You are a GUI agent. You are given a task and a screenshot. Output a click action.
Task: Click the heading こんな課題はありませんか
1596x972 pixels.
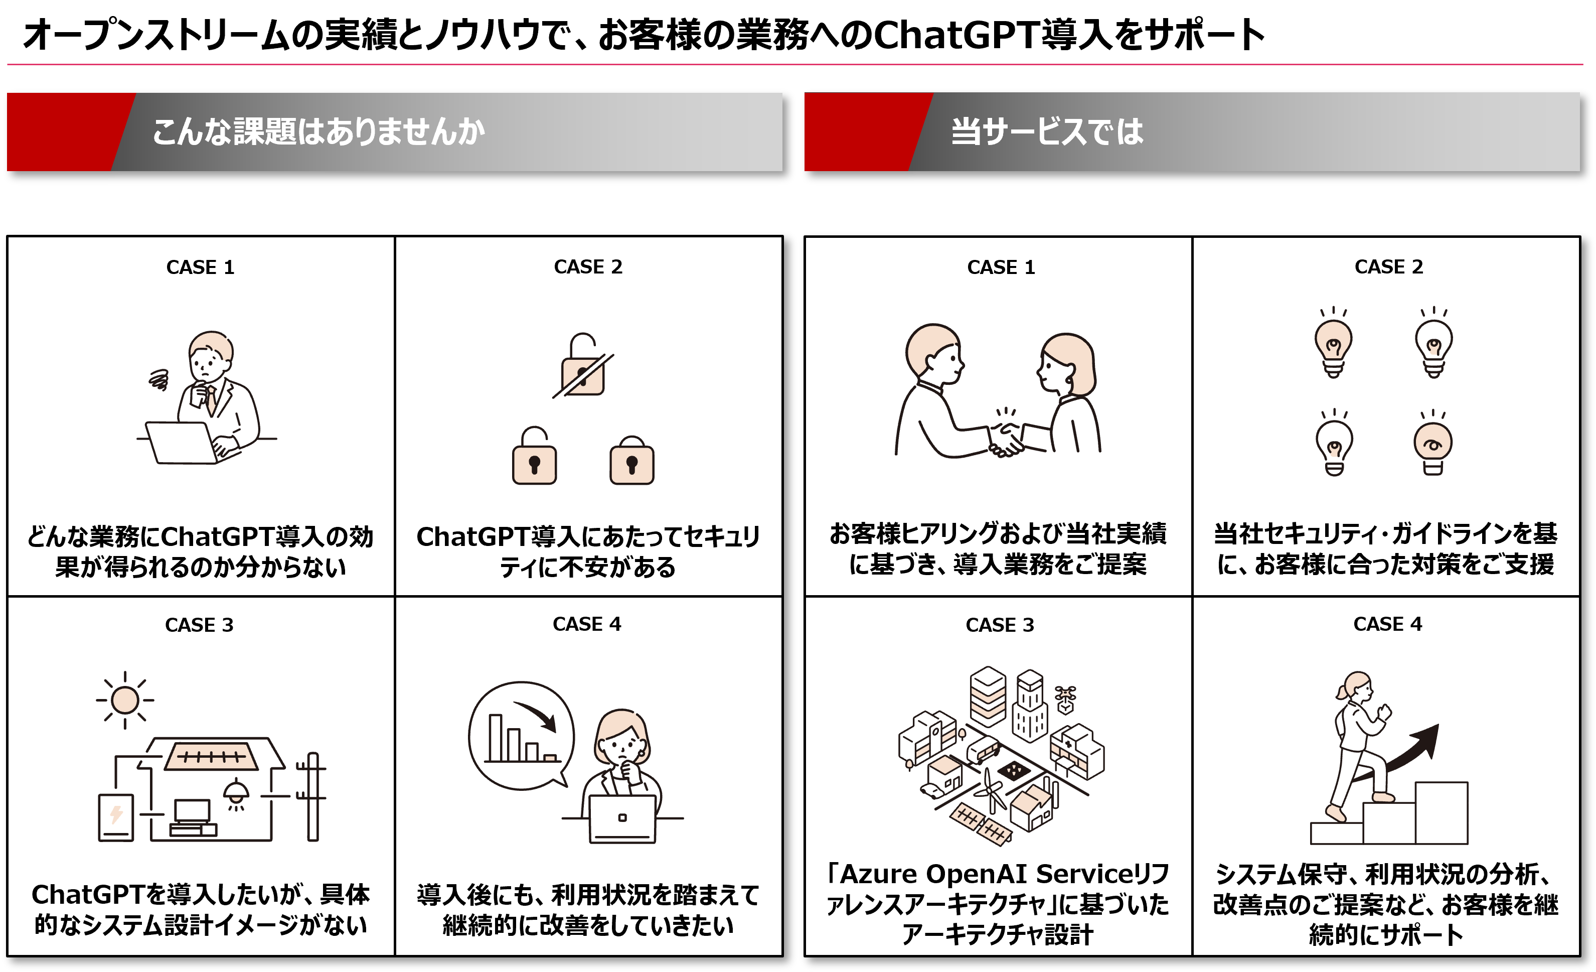(x=317, y=131)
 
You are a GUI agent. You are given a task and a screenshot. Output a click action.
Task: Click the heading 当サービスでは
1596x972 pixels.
(x=1047, y=131)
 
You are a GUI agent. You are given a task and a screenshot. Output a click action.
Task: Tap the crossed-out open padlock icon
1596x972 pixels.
(x=583, y=366)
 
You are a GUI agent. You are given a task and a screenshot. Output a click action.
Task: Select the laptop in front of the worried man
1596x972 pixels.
(x=183, y=443)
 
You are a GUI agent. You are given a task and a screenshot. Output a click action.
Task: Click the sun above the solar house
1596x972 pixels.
(x=124, y=700)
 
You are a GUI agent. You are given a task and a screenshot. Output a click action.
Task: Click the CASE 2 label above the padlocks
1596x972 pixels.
(x=587, y=266)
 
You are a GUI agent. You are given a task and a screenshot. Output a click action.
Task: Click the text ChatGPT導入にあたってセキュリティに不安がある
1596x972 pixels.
(x=587, y=551)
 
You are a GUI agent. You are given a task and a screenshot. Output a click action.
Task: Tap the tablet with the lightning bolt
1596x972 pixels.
(x=116, y=816)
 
